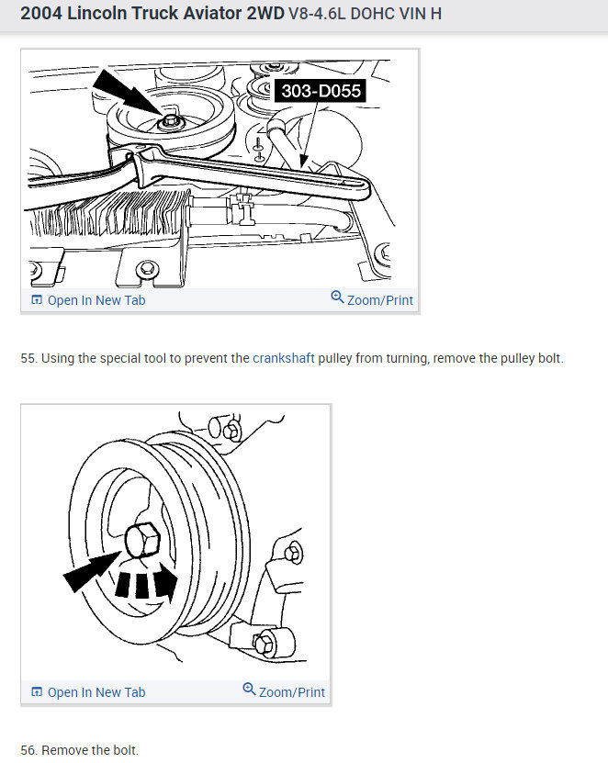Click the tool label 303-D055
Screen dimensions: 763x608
(321, 90)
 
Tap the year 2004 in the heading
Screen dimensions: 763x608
(40, 15)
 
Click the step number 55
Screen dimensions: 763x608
(28, 358)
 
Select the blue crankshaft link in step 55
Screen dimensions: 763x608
(284, 358)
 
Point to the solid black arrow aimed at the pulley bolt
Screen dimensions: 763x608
(88, 573)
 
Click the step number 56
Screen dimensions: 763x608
(28, 750)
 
